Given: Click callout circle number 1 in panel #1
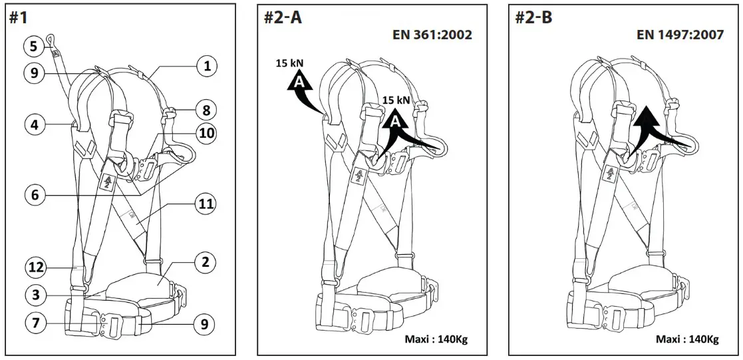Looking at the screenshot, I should click(x=207, y=65).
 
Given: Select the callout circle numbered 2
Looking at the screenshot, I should click(x=205, y=262).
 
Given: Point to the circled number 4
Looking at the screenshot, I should click(x=36, y=124).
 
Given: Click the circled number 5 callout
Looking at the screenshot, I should click(x=34, y=46).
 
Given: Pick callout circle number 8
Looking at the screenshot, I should click(x=207, y=109).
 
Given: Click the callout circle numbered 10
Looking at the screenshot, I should click(x=207, y=132).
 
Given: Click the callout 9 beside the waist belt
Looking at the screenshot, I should click(x=205, y=324).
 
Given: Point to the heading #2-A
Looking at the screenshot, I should click(x=283, y=17).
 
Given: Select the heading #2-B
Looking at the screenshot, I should click(x=533, y=17).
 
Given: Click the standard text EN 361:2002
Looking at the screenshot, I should click(x=432, y=35).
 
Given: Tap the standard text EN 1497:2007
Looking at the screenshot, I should click(x=680, y=35).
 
